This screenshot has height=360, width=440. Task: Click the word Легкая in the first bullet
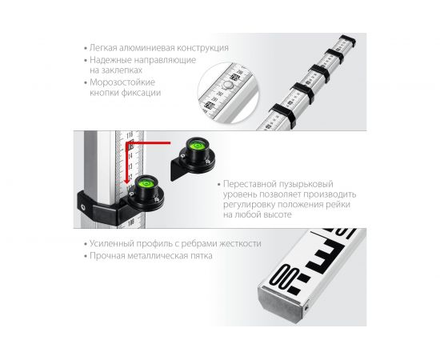103,48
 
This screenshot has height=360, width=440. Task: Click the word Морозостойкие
122,82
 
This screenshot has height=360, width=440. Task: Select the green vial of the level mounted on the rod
146,184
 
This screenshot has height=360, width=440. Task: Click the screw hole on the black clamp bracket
83,208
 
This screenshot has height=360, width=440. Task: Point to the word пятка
201,256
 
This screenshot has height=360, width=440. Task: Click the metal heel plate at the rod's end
281,306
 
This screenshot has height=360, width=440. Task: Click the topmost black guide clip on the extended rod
348,42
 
